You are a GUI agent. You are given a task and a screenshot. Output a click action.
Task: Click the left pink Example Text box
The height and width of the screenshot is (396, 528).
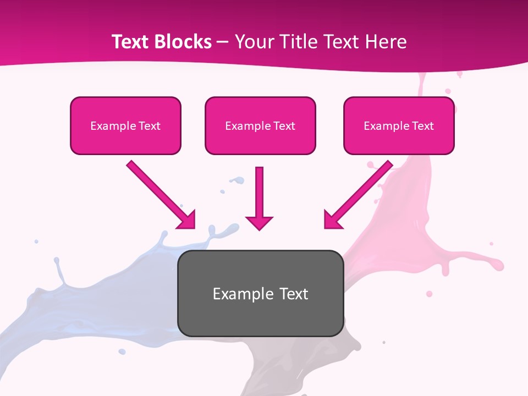point(125,126)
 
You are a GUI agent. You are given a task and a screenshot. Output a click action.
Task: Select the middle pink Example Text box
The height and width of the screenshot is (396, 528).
point(260,126)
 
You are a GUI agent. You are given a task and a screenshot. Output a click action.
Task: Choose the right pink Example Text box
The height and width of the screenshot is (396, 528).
point(399,126)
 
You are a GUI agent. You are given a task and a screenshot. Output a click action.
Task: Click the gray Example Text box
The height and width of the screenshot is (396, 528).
point(260,293)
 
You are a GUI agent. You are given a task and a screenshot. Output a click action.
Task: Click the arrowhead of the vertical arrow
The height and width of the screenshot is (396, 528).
point(259,222)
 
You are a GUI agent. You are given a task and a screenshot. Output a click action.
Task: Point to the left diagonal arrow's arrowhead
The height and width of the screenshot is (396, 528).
point(187,219)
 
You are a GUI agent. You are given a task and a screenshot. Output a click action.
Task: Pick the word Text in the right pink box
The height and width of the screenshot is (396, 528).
point(423,126)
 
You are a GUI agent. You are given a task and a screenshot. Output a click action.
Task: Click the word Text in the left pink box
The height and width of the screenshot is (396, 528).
point(150,126)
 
